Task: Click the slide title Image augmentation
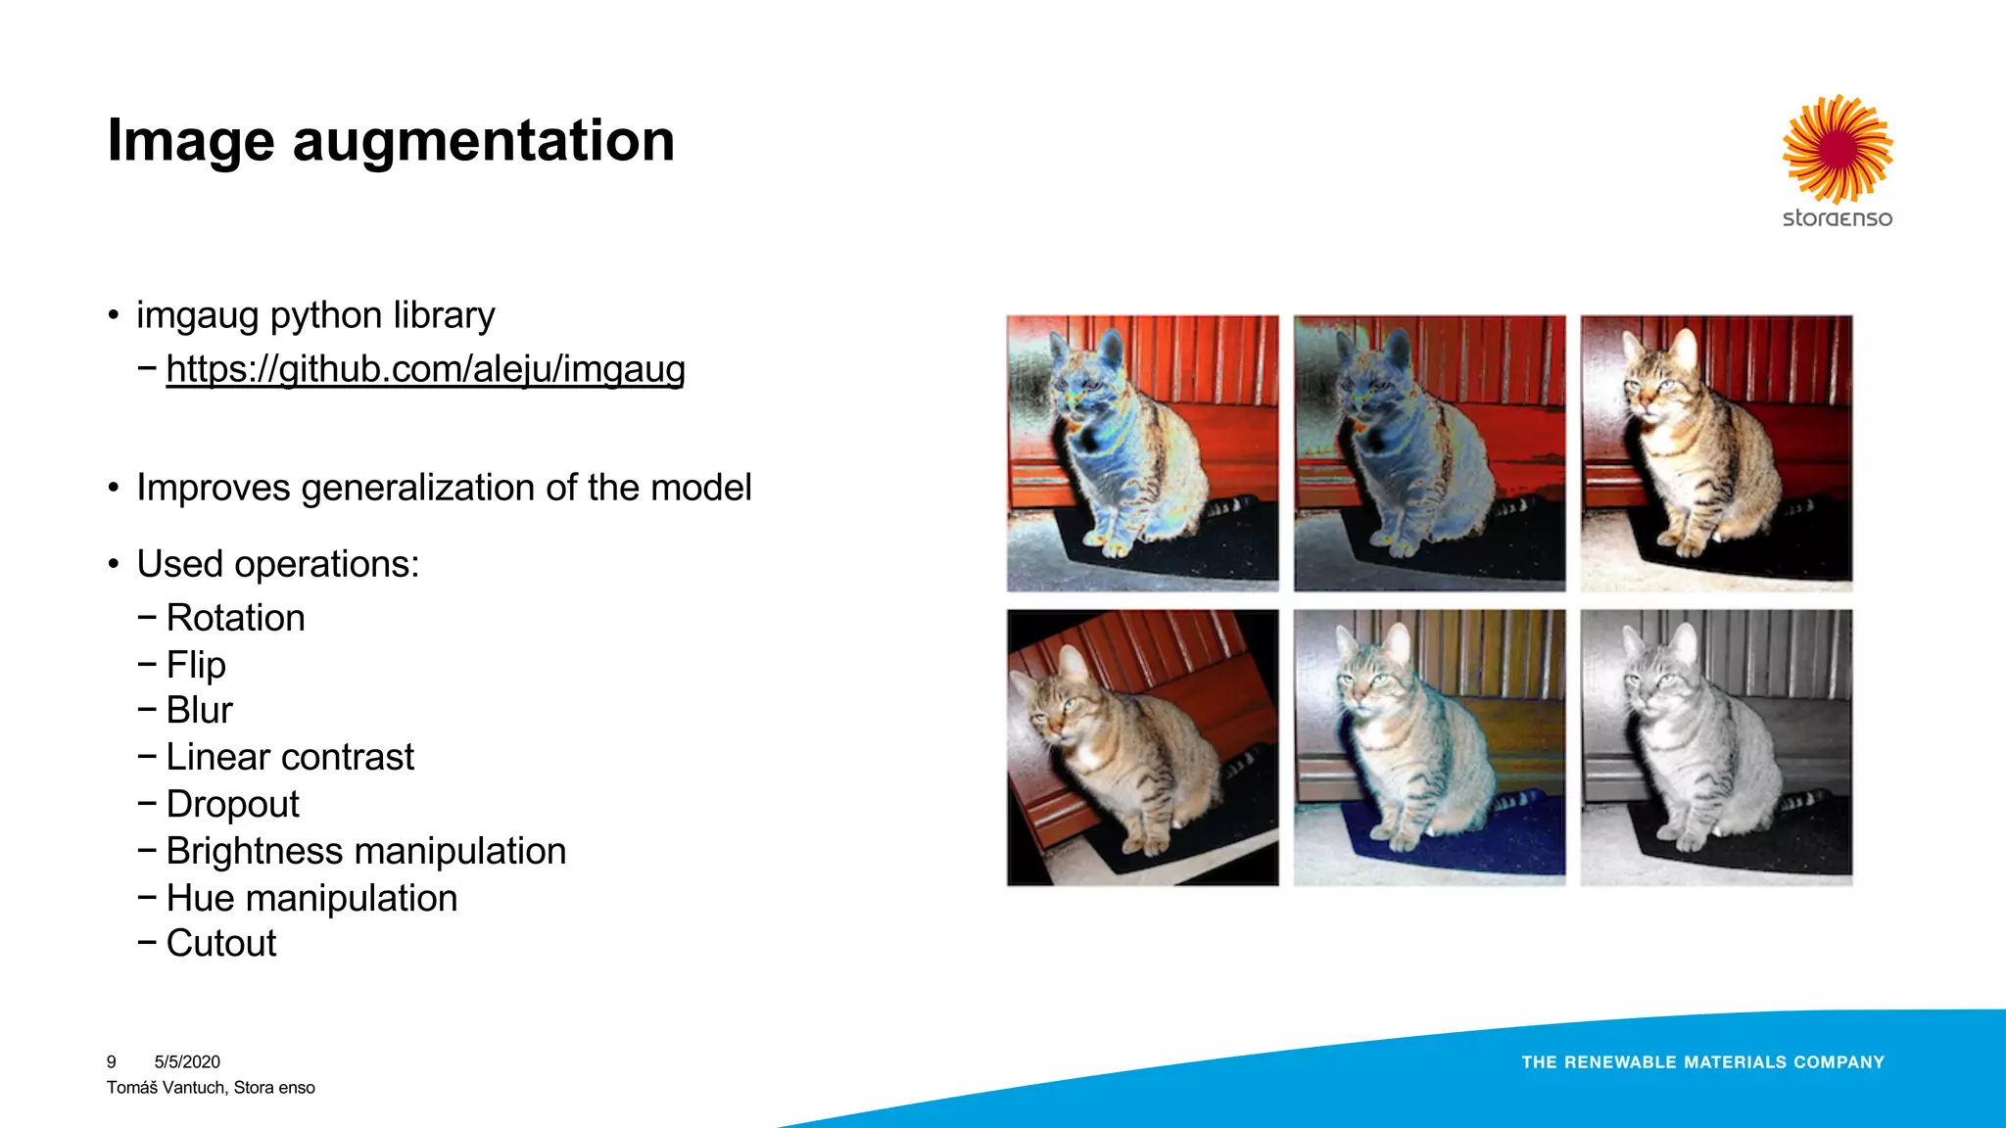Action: pyautogui.click(x=391, y=140)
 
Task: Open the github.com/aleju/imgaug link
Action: pyautogui.click(x=425, y=369)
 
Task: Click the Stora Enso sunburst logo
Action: pyautogui.click(x=1838, y=149)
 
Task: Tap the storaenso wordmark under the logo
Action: pyautogui.click(x=1838, y=218)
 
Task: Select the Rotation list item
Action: pyautogui.click(x=235, y=618)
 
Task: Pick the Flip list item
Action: pyautogui.click(x=196, y=665)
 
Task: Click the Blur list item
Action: pyautogui.click(x=199, y=710)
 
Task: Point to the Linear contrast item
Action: pyautogui.click(x=290, y=757)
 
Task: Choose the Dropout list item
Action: pyautogui.click(x=232, y=804)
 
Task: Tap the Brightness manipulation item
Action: pyautogui.click(x=365, y=851)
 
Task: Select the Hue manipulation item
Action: pyautogui.click(x=311, y=898)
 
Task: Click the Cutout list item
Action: pyautogui.click(x=221, y=943)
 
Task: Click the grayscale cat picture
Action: pyautogui.click(x=1716, y=747)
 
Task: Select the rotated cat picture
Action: pyautogui.click(x=1142, y=747)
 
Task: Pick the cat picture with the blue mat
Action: pyautogui.click(x=1429, y=747)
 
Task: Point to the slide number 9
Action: pyautogui.click(x=112, y=1062)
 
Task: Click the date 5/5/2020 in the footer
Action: pyautogui.click(x=187, y=1062)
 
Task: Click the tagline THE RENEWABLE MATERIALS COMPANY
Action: pyautogui.click(x=1702, y=1062)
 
